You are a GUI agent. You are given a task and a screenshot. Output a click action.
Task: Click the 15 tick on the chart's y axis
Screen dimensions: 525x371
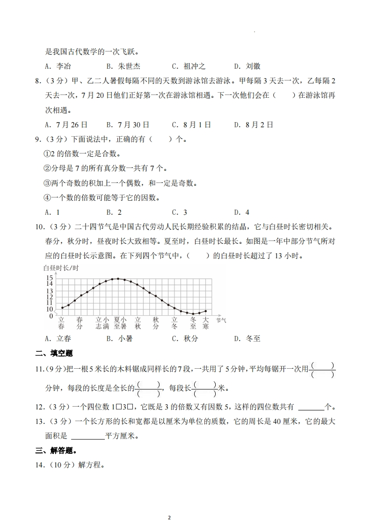pos(49,277)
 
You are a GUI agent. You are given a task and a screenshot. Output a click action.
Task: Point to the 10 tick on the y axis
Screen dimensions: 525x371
pos(49,309)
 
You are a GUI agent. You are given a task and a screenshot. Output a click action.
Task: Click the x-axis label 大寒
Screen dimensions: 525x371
pos(205,323)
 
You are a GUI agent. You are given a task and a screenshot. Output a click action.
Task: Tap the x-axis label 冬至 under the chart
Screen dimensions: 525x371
pos(193,323)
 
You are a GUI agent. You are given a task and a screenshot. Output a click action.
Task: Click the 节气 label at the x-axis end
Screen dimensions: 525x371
pos(221,320)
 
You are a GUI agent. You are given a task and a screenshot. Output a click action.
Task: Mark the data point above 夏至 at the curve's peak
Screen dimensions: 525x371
pos(118,278)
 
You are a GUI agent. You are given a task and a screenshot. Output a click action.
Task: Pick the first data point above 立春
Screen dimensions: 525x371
pos(62,308)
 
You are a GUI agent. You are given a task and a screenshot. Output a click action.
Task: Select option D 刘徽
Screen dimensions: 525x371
pos(247,66)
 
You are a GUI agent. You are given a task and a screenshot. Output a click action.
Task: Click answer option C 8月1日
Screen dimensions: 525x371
pos(191,125)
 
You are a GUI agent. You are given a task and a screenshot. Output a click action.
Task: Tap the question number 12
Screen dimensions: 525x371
pos(40,407)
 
